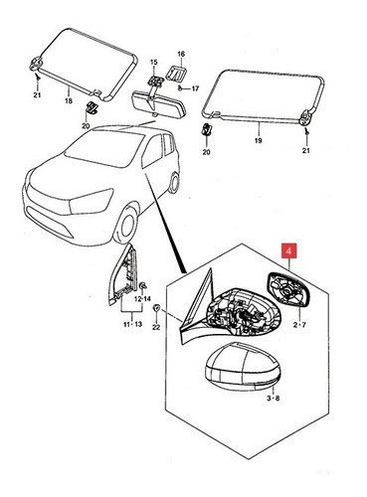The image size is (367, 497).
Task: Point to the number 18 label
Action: point(67,101)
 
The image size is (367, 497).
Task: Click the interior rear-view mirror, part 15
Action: point(154,99)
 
